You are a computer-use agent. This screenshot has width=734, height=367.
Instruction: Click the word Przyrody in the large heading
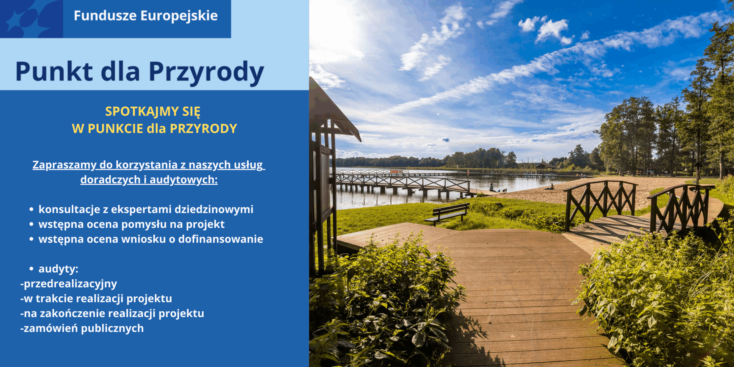206,72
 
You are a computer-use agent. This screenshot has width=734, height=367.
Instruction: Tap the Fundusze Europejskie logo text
146,16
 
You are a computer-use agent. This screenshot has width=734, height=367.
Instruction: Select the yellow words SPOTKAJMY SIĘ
153,112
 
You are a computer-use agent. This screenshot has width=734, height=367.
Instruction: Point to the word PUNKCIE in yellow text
115,128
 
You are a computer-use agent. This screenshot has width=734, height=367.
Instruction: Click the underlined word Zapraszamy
64,165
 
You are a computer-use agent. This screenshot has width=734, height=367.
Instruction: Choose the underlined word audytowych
183,180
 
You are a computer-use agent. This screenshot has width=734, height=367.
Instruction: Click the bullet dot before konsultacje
31,210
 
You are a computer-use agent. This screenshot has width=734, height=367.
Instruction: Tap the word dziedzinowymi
214,209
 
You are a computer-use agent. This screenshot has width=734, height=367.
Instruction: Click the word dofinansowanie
220,239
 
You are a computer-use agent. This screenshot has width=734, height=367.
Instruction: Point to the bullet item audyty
58,269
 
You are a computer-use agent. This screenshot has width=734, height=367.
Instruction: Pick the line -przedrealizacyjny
69,284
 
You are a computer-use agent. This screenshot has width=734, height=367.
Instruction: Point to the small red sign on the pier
395,171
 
